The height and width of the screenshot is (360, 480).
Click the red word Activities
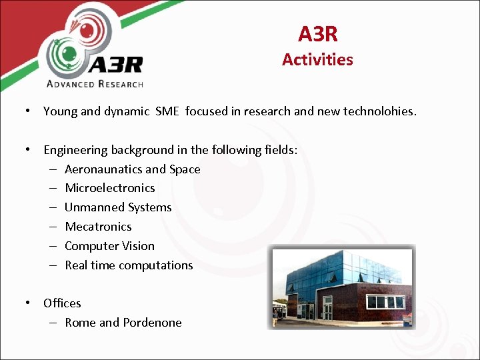317,59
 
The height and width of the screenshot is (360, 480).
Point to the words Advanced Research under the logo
95,84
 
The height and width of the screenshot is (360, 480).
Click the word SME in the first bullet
167,111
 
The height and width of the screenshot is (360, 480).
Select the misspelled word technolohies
379,111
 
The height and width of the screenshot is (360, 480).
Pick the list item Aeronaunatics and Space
132,169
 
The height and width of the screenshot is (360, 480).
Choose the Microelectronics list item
109,188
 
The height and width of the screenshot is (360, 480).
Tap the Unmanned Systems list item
118,207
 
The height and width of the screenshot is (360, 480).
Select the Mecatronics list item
98,227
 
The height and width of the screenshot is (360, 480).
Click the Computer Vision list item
109,246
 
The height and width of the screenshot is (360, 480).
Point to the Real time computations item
129,265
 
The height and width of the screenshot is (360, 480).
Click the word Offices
62,303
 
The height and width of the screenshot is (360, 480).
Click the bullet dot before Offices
28,303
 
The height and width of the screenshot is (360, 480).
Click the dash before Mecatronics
51,227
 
